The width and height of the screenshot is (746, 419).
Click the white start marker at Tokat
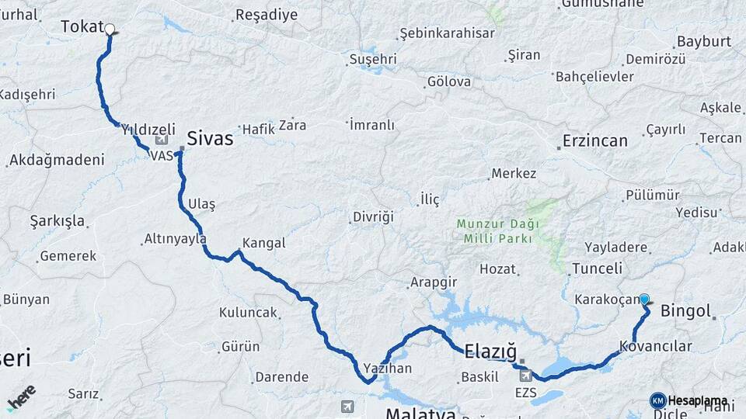point(110,29)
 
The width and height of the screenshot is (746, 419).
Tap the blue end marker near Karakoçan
point(644,299)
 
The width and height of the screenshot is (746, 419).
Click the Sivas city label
point(210,139)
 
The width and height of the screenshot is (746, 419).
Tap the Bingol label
point(685,312)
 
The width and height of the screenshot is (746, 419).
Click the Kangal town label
point(264,243)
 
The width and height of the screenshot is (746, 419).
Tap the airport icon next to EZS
point(527,376)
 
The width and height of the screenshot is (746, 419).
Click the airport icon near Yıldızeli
point(162,140)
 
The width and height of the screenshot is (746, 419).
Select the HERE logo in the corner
point(21,396)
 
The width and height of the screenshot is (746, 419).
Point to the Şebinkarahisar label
point(446,33)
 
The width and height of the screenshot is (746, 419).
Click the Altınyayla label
point(176,239)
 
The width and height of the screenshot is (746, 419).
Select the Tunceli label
point(597,268)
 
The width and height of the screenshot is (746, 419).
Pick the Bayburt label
point(705,41)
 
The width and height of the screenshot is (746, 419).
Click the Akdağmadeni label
point(56,161)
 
